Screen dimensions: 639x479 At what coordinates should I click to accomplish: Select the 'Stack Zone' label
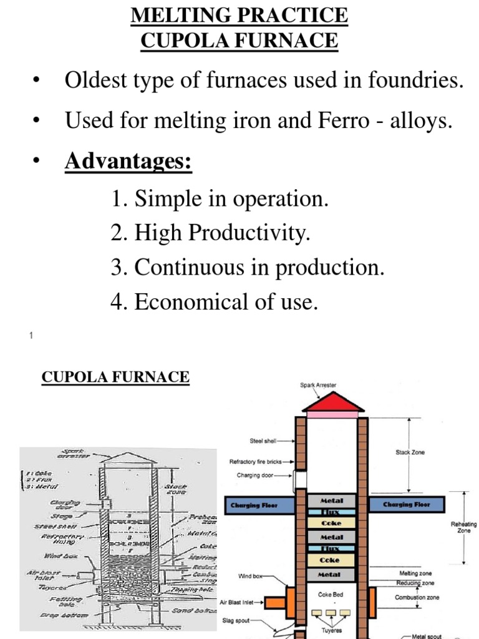pos(410,452)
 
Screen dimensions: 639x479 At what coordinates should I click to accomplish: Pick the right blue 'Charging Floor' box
pos(407,505)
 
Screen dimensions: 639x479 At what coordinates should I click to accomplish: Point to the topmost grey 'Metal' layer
pos(331,500)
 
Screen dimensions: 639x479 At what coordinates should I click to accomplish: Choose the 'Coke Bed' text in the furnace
pos(331,595)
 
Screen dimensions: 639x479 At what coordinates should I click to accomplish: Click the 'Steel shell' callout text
pos(263,441)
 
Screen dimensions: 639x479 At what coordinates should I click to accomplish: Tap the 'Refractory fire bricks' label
pos(256,462)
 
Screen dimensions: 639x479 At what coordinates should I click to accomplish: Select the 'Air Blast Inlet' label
pos(241,602)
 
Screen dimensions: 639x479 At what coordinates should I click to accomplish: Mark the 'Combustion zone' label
pos(417,597)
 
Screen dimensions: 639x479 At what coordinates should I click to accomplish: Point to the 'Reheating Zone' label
pos(463,527)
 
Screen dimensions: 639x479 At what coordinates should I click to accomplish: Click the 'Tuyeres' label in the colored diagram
pos(331,629)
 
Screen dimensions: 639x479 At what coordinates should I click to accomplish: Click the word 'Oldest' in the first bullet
pos(96,80)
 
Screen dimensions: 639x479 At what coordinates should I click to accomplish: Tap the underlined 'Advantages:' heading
pos(128,162)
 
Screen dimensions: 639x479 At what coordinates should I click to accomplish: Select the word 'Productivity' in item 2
pos(249,233)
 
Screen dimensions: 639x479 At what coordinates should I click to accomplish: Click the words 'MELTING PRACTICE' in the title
pos(239,16)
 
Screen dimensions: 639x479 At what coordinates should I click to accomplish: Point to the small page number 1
pos(31,336)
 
